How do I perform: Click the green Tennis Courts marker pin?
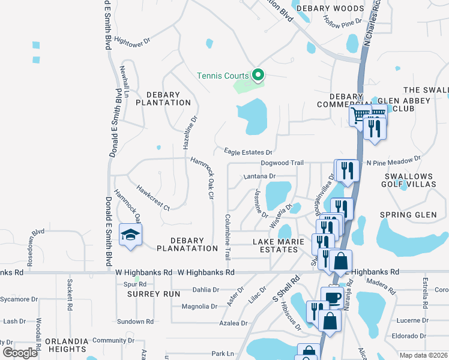tap(259, 75)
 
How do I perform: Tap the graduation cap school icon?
tap(130, 235)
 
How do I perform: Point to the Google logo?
tap(20, 353)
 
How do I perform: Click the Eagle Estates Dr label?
tap(248, 152)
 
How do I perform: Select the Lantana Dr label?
tap(259, 176)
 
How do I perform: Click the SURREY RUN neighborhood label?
tap(154, 294)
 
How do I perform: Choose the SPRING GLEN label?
tap(408, 215)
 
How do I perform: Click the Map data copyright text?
tap(423, 355)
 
